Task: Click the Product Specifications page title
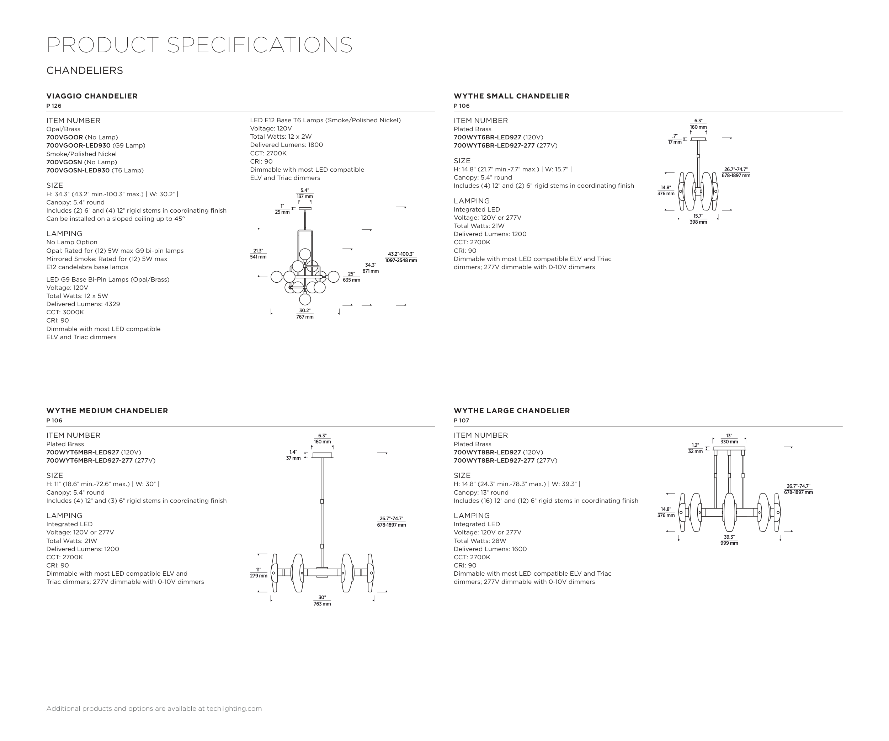pos(199,45)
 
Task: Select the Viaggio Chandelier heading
pos(92,96)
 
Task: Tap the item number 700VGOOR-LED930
pos(78,145)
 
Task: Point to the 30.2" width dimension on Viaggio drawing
pos(305,314)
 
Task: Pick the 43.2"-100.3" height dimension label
pos(400,257)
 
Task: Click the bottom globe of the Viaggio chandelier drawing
pos(305,299)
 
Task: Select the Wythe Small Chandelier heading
pos(511,96)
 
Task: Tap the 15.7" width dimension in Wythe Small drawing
pos(698,219)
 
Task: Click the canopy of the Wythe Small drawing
pos(698,139)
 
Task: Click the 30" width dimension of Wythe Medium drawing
pos(322,601)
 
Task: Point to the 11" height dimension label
pos(258,572)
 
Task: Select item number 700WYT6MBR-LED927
pos(82,452)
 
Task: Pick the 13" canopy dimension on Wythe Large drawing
pos(729,438)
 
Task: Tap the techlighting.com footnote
pos(154,708)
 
